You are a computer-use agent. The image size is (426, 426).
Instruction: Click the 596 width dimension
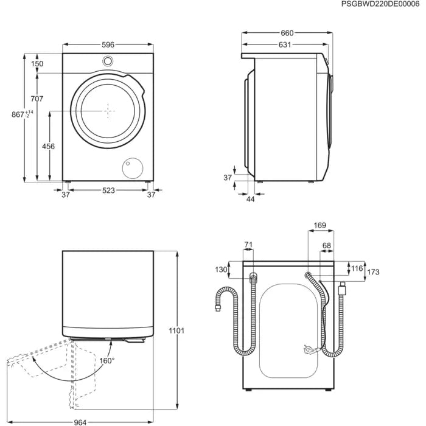[108, 44]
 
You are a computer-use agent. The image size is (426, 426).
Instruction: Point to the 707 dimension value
[37, 99]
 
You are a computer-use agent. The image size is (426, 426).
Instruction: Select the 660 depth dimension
[287, 33]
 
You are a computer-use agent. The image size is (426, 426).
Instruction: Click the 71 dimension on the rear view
[248, 245]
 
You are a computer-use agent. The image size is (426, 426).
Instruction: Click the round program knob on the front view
[108, 61]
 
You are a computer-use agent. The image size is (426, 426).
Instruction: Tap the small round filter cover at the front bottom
[131, 167]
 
